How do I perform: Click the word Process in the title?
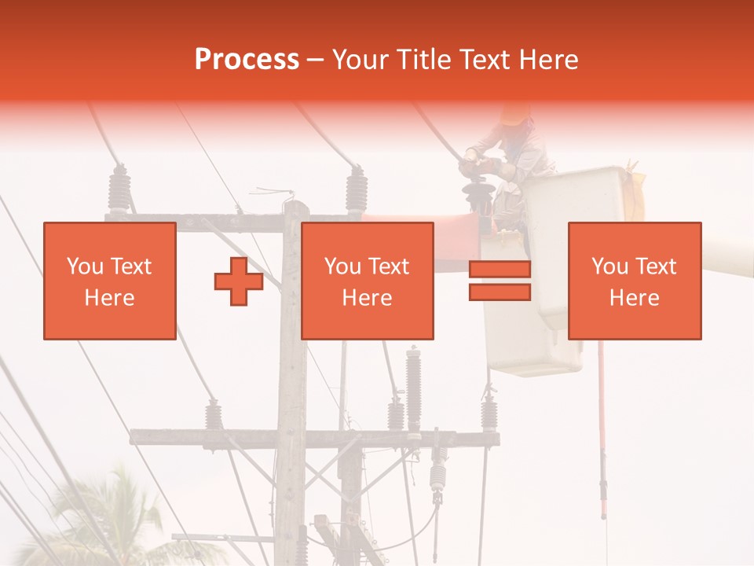247,60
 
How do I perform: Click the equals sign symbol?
500,281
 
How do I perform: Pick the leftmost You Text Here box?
109,281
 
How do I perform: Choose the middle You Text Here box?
367,281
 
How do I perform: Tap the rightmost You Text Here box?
634,281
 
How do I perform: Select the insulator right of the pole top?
357,190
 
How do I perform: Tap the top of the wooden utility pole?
295,208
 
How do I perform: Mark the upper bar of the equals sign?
500,270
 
